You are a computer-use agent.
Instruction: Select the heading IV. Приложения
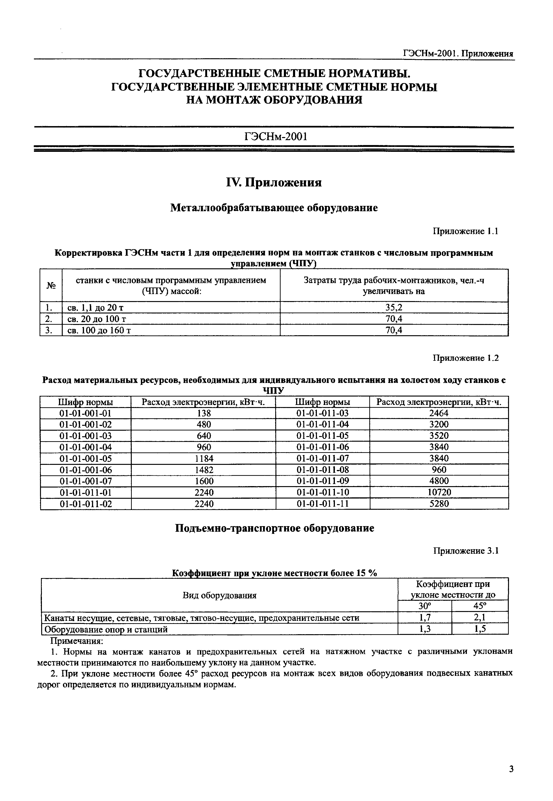(274, 182)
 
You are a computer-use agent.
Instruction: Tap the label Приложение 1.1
(466, 231)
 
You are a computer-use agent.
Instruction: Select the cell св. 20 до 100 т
(96, 319)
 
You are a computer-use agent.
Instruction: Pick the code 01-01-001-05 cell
(86, 459)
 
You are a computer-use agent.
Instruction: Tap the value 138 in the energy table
(204, 413)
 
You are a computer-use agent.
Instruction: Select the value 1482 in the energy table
(204, 470)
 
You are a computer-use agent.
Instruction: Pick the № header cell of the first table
(51, 285)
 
